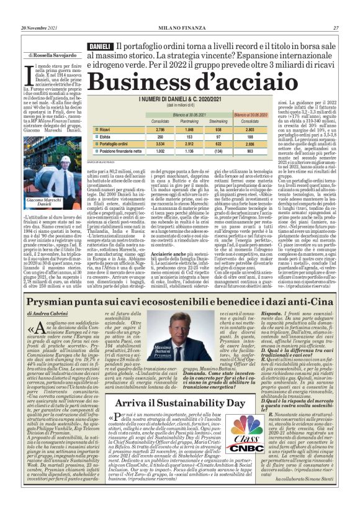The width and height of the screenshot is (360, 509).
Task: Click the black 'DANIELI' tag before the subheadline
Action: tap(99, 47)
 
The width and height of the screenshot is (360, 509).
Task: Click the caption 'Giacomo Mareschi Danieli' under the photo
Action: tap(56, 202)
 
